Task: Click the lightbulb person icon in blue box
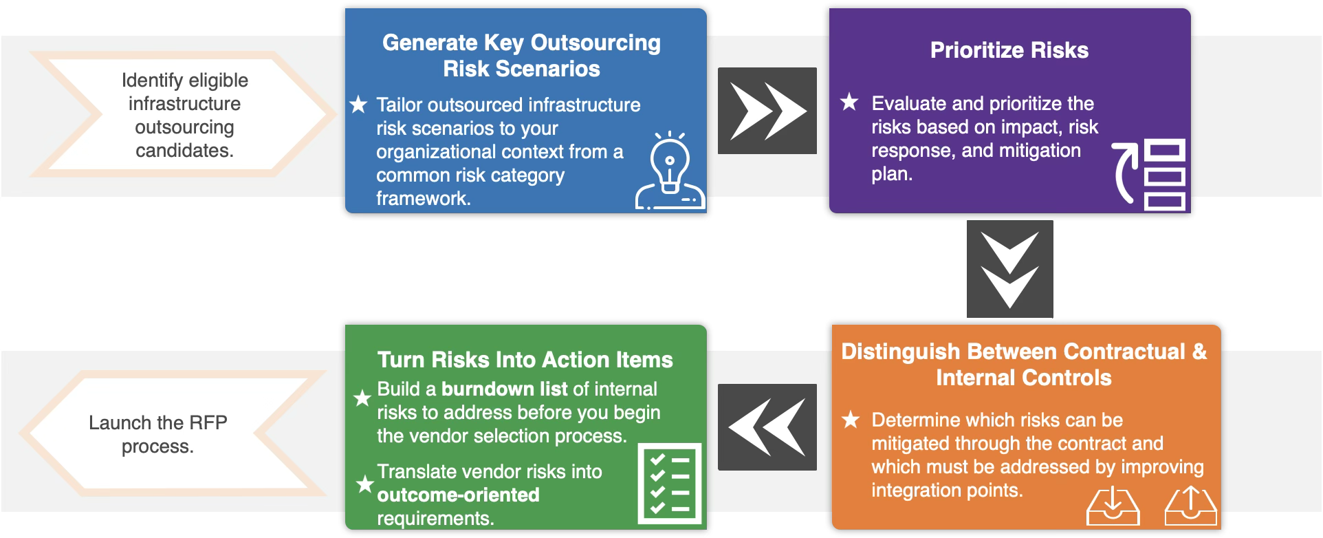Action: (x=670, y=171)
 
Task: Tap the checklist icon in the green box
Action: (x=670, y=484)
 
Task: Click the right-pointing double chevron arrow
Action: (x=767, y=111)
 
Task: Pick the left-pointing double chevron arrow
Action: (x=767, y=427)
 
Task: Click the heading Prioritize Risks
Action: (x=1009, y=50)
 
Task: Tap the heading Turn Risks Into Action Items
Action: (x=525, y=360)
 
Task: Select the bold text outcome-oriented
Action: (x=458, y=495)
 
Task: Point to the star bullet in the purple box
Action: (x=849, y=103)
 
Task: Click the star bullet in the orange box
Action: (x=851, y=420)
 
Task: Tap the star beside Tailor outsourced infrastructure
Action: (x=358, y=105)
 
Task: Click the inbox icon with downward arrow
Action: (x=1113, y=507)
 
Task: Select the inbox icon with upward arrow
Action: (x=1191, y=507)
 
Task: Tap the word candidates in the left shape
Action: (x=184, y=151)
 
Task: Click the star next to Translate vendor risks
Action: (x=364, y=484)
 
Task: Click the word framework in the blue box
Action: (x=423, y=199)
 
